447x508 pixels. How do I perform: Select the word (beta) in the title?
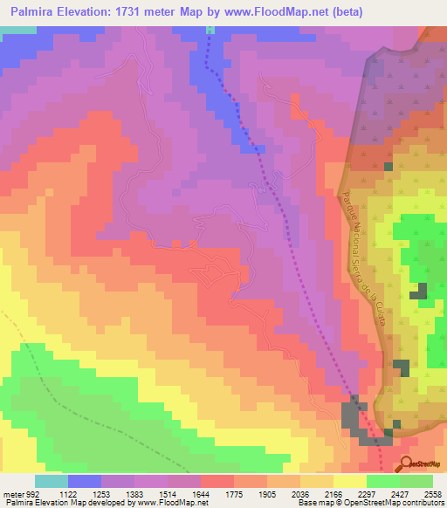point(343,13)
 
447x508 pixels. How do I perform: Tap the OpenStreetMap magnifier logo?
point(408,464)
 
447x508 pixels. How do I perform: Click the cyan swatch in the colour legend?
point(52,481)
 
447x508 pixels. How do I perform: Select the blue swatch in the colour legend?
point(85,481)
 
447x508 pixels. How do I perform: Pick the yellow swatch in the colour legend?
point(349,481)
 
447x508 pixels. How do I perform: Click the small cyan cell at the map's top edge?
point(210,30)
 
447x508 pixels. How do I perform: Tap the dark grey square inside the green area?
point(421,292)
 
